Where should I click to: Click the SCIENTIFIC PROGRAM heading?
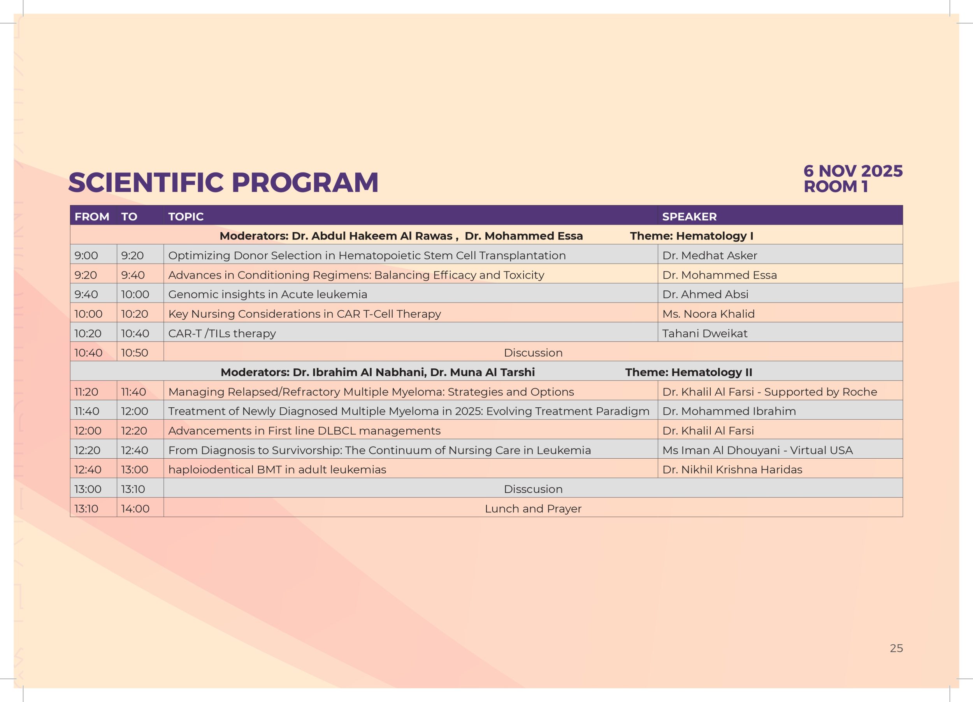pos(223,182)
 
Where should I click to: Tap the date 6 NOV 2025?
pos(853,171)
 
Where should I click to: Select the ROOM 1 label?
pos(836,186)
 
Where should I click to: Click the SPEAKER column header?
pos(689,217)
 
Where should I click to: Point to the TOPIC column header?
pos(186,217)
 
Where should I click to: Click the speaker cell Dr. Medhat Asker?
pos(710,255)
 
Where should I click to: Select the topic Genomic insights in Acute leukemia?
pos(268,294)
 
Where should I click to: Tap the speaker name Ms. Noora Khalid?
pos(708,314)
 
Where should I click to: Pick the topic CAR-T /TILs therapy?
pos(222,333)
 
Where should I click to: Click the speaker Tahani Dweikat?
pos(704,333)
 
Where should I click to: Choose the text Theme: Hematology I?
pos(692,236)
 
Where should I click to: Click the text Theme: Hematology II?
pos(688,373)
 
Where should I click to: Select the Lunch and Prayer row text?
pos(533,508)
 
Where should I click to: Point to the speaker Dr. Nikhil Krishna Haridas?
pos(732,470)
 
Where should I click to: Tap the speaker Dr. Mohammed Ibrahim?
pos(729,411)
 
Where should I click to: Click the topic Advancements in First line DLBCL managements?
pos(304,431)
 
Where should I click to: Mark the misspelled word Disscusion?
pos(533,489)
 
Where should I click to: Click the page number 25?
pos(896,648)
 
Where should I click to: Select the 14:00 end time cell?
pos(135,508)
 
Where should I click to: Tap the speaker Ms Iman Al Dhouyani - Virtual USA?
pos(757,450)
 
